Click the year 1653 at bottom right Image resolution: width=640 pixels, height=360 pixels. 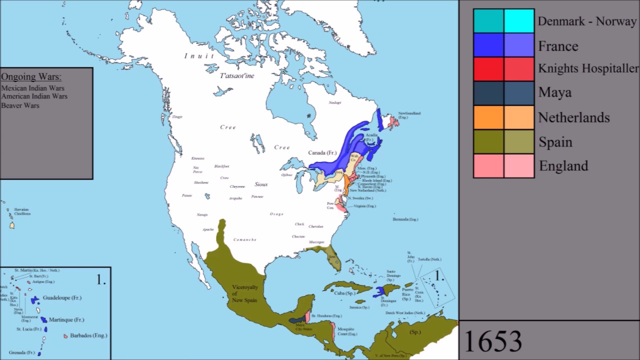[x=493, y=341]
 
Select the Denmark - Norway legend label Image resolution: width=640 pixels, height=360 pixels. [x=586, y=22]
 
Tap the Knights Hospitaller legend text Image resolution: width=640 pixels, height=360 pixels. [x=588, y=68]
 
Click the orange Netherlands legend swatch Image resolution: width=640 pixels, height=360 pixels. [x=488, y=117]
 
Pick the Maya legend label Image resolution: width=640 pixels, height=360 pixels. [x=554, y=92]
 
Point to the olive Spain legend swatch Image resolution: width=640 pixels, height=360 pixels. [x=488, y=141]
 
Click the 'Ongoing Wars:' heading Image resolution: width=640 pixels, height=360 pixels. [x=31, y=77]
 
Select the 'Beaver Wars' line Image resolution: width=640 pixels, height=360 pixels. [x=20, y=105]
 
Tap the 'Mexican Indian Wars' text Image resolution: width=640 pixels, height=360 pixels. [x=32, y=88]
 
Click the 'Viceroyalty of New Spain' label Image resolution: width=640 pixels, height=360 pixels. [x=244, y=293]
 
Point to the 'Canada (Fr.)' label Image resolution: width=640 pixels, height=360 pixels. [x=322, y=152]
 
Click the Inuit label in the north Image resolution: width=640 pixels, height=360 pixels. [x=199, y=56]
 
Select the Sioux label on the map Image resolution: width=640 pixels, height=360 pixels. [x=261, y=184]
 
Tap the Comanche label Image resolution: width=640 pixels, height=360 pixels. [x=245, y=240]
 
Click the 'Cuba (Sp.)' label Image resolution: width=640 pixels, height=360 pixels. [x=344, y=293]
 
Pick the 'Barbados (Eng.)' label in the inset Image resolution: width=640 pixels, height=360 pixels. [x=88, y=335]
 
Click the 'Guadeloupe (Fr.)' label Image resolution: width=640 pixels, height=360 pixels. [x=62, y=298]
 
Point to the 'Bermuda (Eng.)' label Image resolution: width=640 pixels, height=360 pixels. [x=405, y=219]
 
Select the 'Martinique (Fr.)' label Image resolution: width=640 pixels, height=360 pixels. [x=66, y=320]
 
